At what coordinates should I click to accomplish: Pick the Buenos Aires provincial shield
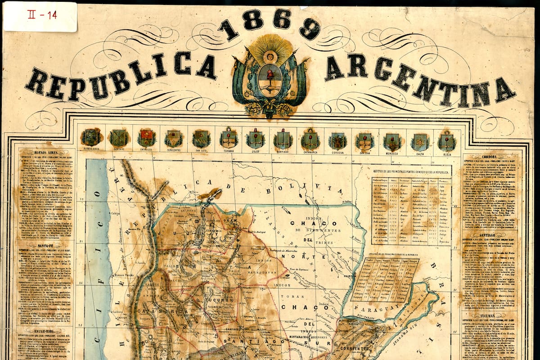pyautogui.click(x=91, y=138)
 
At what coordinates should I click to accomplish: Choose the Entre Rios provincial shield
pyautogui.click(x=146, y=138)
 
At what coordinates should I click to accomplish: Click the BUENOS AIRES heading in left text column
pyautogui.click(x=44, y=152)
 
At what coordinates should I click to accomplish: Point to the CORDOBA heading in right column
pyautogui.click(x=490, y=157)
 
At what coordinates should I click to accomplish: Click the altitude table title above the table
pyautogui.click(x=411, y=171)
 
